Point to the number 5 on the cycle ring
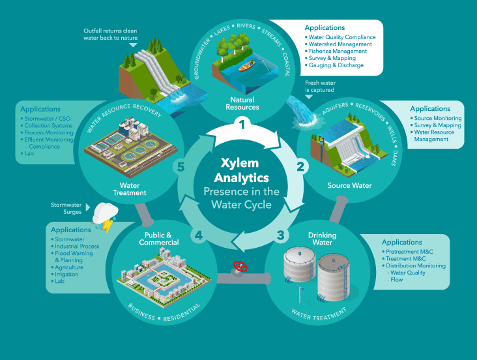point(181,168)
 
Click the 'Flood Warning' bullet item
point(74,254)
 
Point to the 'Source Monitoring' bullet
point(438,118)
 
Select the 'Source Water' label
point(349,186)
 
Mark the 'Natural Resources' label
point(242,103)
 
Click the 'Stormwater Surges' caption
point(66,209)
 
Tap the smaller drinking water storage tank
point(299,269)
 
